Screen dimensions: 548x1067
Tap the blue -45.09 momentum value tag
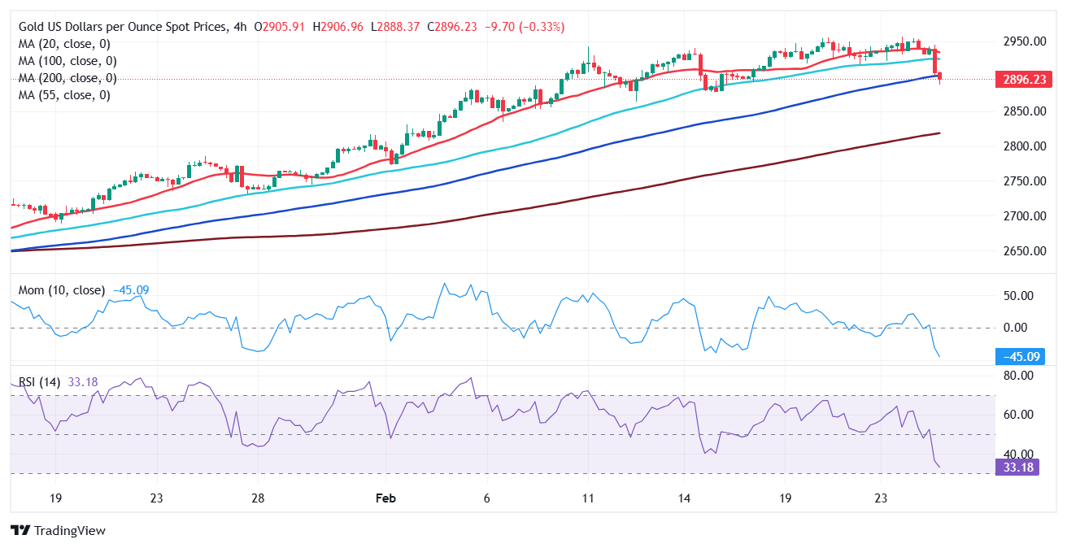[1020, 357]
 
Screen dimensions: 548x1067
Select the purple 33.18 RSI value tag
[1017, 467]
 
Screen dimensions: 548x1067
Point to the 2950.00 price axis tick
[1023, 41]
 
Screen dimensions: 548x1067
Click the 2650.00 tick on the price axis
[1023, 250]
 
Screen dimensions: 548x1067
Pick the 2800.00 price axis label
[1023, 146]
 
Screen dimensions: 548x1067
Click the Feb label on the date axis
[386, 498]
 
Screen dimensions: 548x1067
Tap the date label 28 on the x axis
[257, 498]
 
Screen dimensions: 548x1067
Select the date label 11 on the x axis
[587, 498]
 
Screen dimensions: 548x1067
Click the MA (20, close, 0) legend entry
[64, 44]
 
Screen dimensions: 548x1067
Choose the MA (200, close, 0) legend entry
[68, 78]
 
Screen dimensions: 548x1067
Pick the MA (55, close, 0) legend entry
[64, 95]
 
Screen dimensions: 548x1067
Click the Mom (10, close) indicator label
[62, 290]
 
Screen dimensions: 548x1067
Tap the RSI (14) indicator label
[41, 381]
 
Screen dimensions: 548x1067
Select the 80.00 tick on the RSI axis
[1017, 376]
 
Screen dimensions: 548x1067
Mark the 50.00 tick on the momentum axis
[1017, 295]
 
